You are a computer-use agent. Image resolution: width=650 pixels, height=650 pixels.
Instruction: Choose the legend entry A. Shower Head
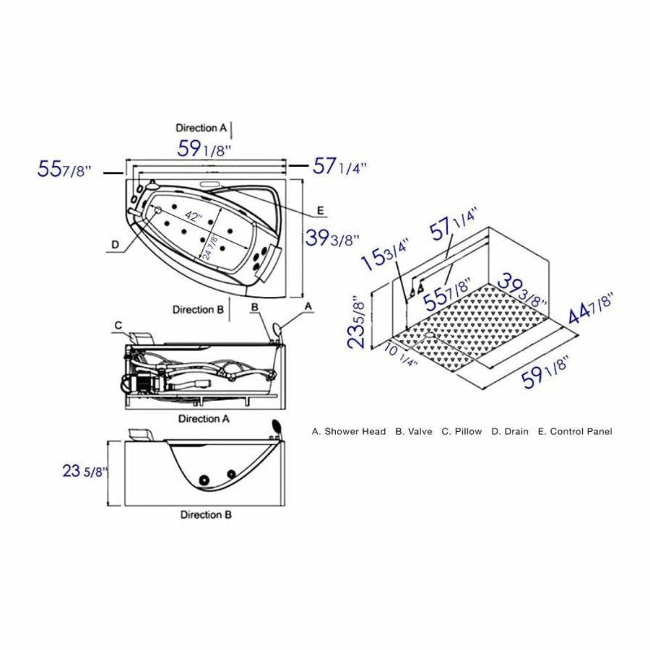tap(349, 431)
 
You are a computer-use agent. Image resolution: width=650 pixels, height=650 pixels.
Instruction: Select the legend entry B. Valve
tap(414, 431)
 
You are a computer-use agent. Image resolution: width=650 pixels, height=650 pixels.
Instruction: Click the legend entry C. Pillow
tap(461, 431)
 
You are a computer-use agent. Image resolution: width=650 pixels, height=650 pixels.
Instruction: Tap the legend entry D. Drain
tap(510, 431)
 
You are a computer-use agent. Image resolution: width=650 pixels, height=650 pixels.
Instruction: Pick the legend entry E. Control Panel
tap(575, 431)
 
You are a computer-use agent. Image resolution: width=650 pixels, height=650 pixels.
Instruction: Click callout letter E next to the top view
tap(320, 210)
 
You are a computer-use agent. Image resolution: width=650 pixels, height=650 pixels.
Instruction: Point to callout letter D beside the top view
tap(115, 244)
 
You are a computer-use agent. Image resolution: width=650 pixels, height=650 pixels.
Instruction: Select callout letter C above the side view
tap(118, 325)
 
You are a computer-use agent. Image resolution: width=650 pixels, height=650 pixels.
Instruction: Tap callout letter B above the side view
tap(254, 307)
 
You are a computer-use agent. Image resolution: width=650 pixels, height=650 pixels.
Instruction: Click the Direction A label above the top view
tap(201, 128)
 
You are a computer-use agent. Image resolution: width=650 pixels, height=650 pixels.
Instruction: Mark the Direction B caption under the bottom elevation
tap(206, 514)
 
